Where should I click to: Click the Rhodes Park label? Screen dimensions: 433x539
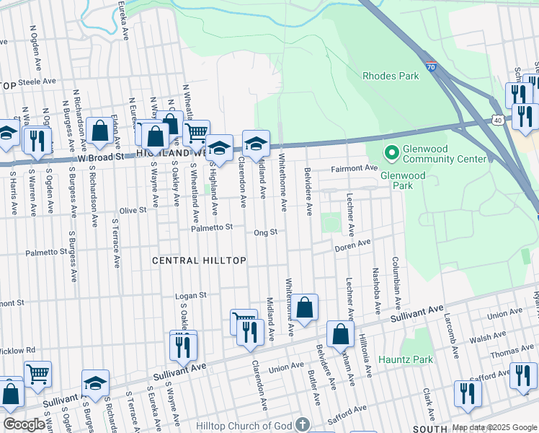click(391, 75)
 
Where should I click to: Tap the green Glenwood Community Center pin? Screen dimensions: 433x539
click(391, 153)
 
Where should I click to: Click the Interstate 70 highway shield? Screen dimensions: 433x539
click(430, 66)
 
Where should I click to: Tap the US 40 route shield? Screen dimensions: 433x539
click(498, 118)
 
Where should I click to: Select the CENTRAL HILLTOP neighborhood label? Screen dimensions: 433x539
click(200, 260)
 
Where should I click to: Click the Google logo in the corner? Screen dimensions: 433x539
click(23, 424)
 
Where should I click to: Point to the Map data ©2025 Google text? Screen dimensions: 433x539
click(494, 427)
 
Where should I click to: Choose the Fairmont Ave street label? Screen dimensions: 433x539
click(354, 168)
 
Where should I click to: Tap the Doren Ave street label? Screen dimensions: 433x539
click(352, 248)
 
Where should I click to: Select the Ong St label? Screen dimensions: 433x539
click(265, 232)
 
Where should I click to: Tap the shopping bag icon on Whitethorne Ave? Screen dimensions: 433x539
click(306, 307)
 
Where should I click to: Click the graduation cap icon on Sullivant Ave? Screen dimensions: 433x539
click(95, 384)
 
